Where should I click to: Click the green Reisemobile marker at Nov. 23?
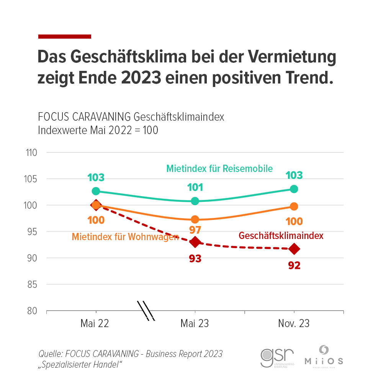(x=294, y=189)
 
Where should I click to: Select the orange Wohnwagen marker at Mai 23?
(x=195, y=219)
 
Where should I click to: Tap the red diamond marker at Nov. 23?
(x=294, y=249)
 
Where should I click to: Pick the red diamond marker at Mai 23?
(x=195, y=242)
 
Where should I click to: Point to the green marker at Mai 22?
(x=96, y=191)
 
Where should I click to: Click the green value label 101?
(x=195, y=188)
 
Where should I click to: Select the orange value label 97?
(x=195, y=230)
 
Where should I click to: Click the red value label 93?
(x=195, y=259)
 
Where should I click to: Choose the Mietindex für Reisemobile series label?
(x=219, y=169)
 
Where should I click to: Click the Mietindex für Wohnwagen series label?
(x=125, y=237)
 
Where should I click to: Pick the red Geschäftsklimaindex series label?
(x=281, y=236)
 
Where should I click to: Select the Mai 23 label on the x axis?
(x=195, y=324)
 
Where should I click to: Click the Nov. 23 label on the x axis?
(x=294, y=324)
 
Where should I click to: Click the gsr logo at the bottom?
(x=277, y=357)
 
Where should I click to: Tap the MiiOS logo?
(x=324, y=357)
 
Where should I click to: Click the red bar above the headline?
(x=65, y=37)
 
